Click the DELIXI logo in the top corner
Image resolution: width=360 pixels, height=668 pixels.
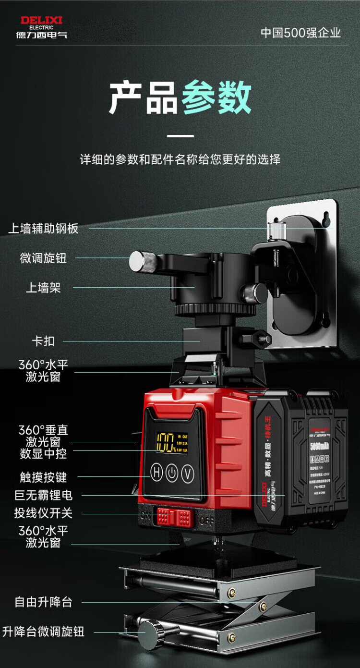tap(41, 27)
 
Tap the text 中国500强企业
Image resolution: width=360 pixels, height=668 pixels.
tap(300, 33)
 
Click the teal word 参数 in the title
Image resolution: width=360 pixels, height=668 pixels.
tap(216, 97)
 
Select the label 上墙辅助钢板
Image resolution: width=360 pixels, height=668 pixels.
tap(43, 228)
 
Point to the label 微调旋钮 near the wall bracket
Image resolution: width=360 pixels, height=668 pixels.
tap(43, 258)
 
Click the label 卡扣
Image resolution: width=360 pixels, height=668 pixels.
tap(43, 341)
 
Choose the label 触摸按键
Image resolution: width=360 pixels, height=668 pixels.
tap(43, 477)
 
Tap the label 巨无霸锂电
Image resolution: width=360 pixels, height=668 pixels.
tap(43, 495)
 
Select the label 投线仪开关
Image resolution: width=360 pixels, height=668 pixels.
tap(43, 513)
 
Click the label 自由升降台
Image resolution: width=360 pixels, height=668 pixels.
tap(43, 602)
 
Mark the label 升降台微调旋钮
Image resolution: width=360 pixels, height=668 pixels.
tap(43, 632)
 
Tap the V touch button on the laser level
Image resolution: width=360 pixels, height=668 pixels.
tap(187, 474)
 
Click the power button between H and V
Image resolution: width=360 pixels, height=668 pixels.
tap(172, 474)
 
